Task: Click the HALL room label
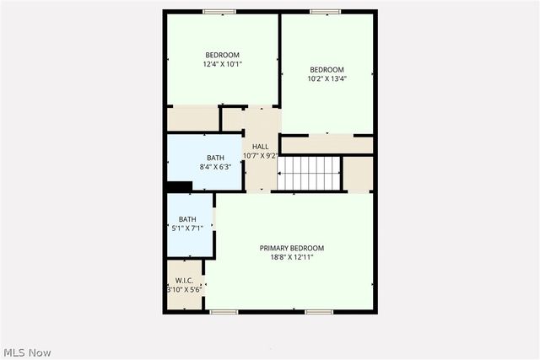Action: [x=261, y=147]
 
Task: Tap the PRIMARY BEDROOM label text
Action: [x=291, y=248]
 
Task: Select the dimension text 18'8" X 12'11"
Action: [x=291, y=258]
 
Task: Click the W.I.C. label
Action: [x=185, y=280]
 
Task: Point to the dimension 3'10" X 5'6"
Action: [x=185, y=289]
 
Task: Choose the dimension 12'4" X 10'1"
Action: [x=223, y=64]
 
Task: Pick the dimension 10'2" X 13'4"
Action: [x=327, y=78]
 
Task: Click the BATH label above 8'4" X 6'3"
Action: [x=216, y=158]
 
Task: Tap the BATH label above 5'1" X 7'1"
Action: [x=186, y=219]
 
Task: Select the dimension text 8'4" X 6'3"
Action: [x=216, y=167]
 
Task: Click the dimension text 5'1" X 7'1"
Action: [x=186, y=228]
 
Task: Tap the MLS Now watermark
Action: [x=27, y=352]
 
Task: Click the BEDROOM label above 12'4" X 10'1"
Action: [x=223, y=55]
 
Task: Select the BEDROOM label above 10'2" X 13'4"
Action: [x=327, y=69]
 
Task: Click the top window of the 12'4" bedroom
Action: [x=219, y=12]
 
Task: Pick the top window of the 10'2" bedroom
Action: [x=325, y=12]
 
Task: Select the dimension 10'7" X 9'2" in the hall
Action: [x=261, y=156]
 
